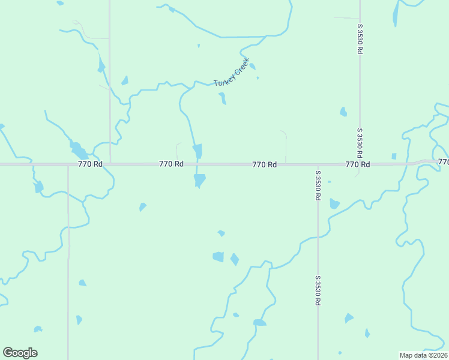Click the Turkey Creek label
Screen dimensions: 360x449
[x=231, y=75]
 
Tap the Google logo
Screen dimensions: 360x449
[x=20, y=353]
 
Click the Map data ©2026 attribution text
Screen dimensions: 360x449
[x=424, y=355]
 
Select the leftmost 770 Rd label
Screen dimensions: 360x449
[x=90, y=164]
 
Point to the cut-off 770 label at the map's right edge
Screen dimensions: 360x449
[x=443, y=162]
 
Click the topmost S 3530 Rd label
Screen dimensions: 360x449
[x=360, y=40]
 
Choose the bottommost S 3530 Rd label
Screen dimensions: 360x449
[x=317, y=291]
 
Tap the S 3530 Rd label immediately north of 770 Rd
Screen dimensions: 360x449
[x=360, y=143]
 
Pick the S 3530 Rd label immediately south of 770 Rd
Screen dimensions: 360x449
[x=317, y=186]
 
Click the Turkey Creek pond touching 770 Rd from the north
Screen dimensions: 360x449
[x=197, y=152]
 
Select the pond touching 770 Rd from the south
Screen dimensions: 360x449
[x=199, y=179]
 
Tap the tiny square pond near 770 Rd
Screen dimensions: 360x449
[x=394, y=156]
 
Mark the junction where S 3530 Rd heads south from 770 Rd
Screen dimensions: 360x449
[x=318, y=164]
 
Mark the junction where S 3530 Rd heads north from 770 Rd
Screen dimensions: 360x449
[x=360, y=164]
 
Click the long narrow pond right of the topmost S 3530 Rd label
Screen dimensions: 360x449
[x=395, y=14]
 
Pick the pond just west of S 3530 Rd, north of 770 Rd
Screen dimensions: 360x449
[x=343, y=112]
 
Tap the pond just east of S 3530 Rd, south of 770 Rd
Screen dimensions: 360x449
[x=334, y=204]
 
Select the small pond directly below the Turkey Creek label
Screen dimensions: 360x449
[x=222, y=98]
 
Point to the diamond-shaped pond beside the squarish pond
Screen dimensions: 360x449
[x=234, y=259]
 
